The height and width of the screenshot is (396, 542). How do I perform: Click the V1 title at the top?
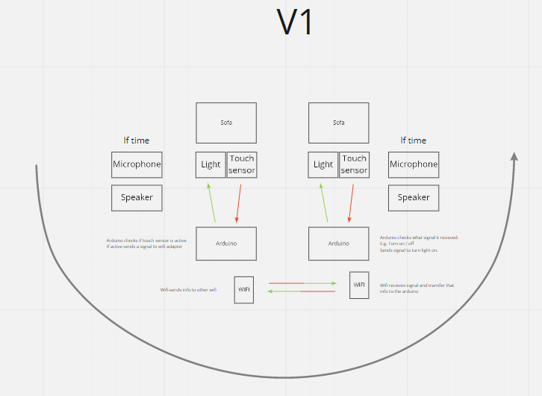click(295, 22)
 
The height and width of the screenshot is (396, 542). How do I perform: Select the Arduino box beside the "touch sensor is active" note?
click(226, 244)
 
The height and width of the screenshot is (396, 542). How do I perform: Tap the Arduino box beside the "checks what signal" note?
click(338, 244)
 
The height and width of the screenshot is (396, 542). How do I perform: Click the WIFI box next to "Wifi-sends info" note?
click(244, 289)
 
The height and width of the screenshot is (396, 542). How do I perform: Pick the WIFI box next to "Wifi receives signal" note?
click(359, 285)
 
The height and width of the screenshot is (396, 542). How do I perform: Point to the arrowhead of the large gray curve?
click(514, 156)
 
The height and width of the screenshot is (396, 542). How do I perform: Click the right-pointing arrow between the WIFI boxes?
click(302, 283)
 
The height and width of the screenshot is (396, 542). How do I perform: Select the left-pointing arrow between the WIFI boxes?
click(301, 291)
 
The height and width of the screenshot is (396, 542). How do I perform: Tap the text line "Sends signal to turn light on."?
click(408, 250)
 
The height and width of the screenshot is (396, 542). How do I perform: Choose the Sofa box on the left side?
click(226, 123)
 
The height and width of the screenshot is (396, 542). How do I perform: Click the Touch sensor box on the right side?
click(354, 164)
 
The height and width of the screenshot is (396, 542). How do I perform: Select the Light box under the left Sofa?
click(211, 164)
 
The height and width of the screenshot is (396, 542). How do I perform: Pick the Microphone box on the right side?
click(414, 164)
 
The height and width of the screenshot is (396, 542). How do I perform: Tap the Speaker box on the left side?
click(137, 197)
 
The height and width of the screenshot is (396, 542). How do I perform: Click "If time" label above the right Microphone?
click(413, 140)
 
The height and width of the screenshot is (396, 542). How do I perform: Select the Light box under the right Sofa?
click(323, 164)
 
